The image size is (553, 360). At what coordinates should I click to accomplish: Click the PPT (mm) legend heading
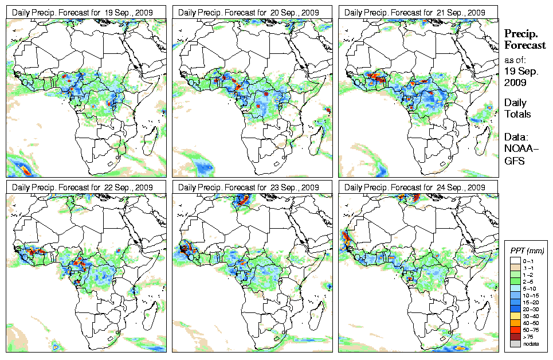[527, 251]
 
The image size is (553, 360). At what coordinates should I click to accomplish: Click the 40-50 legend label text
[528, 323]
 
